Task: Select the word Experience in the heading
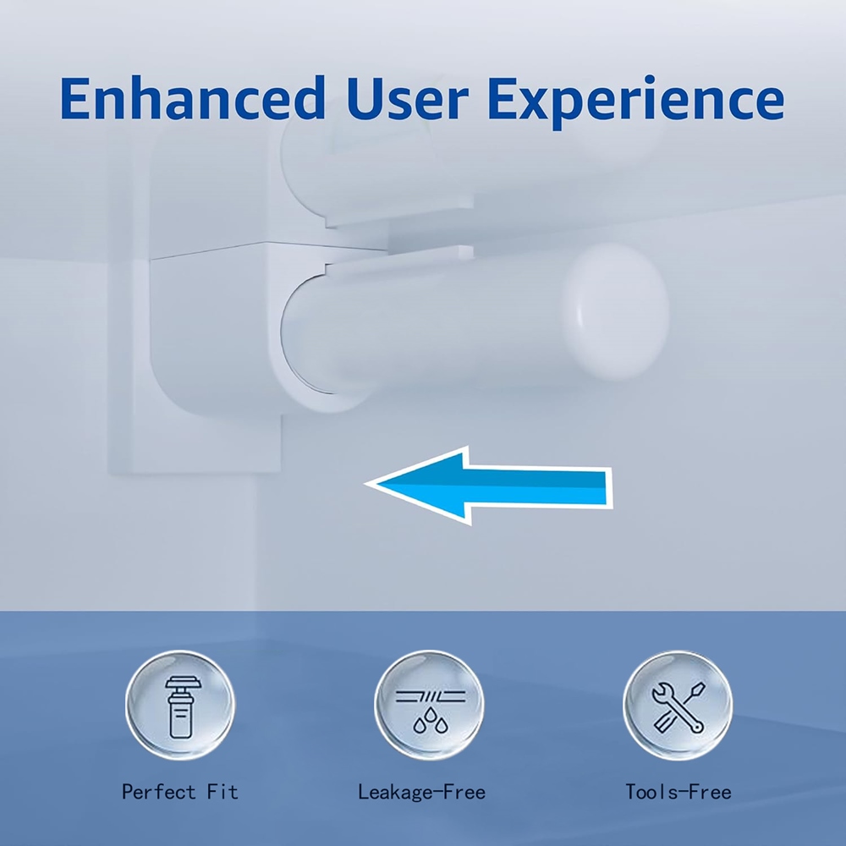(636, 102)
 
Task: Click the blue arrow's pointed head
(368, 483)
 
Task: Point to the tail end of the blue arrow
(612, 487)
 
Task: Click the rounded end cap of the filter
(616, 311)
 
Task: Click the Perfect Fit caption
(179, 792)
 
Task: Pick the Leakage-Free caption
(421, 792)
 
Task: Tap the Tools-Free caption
(678, 792)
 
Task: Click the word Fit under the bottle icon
(222, 792)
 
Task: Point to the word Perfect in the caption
(158, 792)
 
